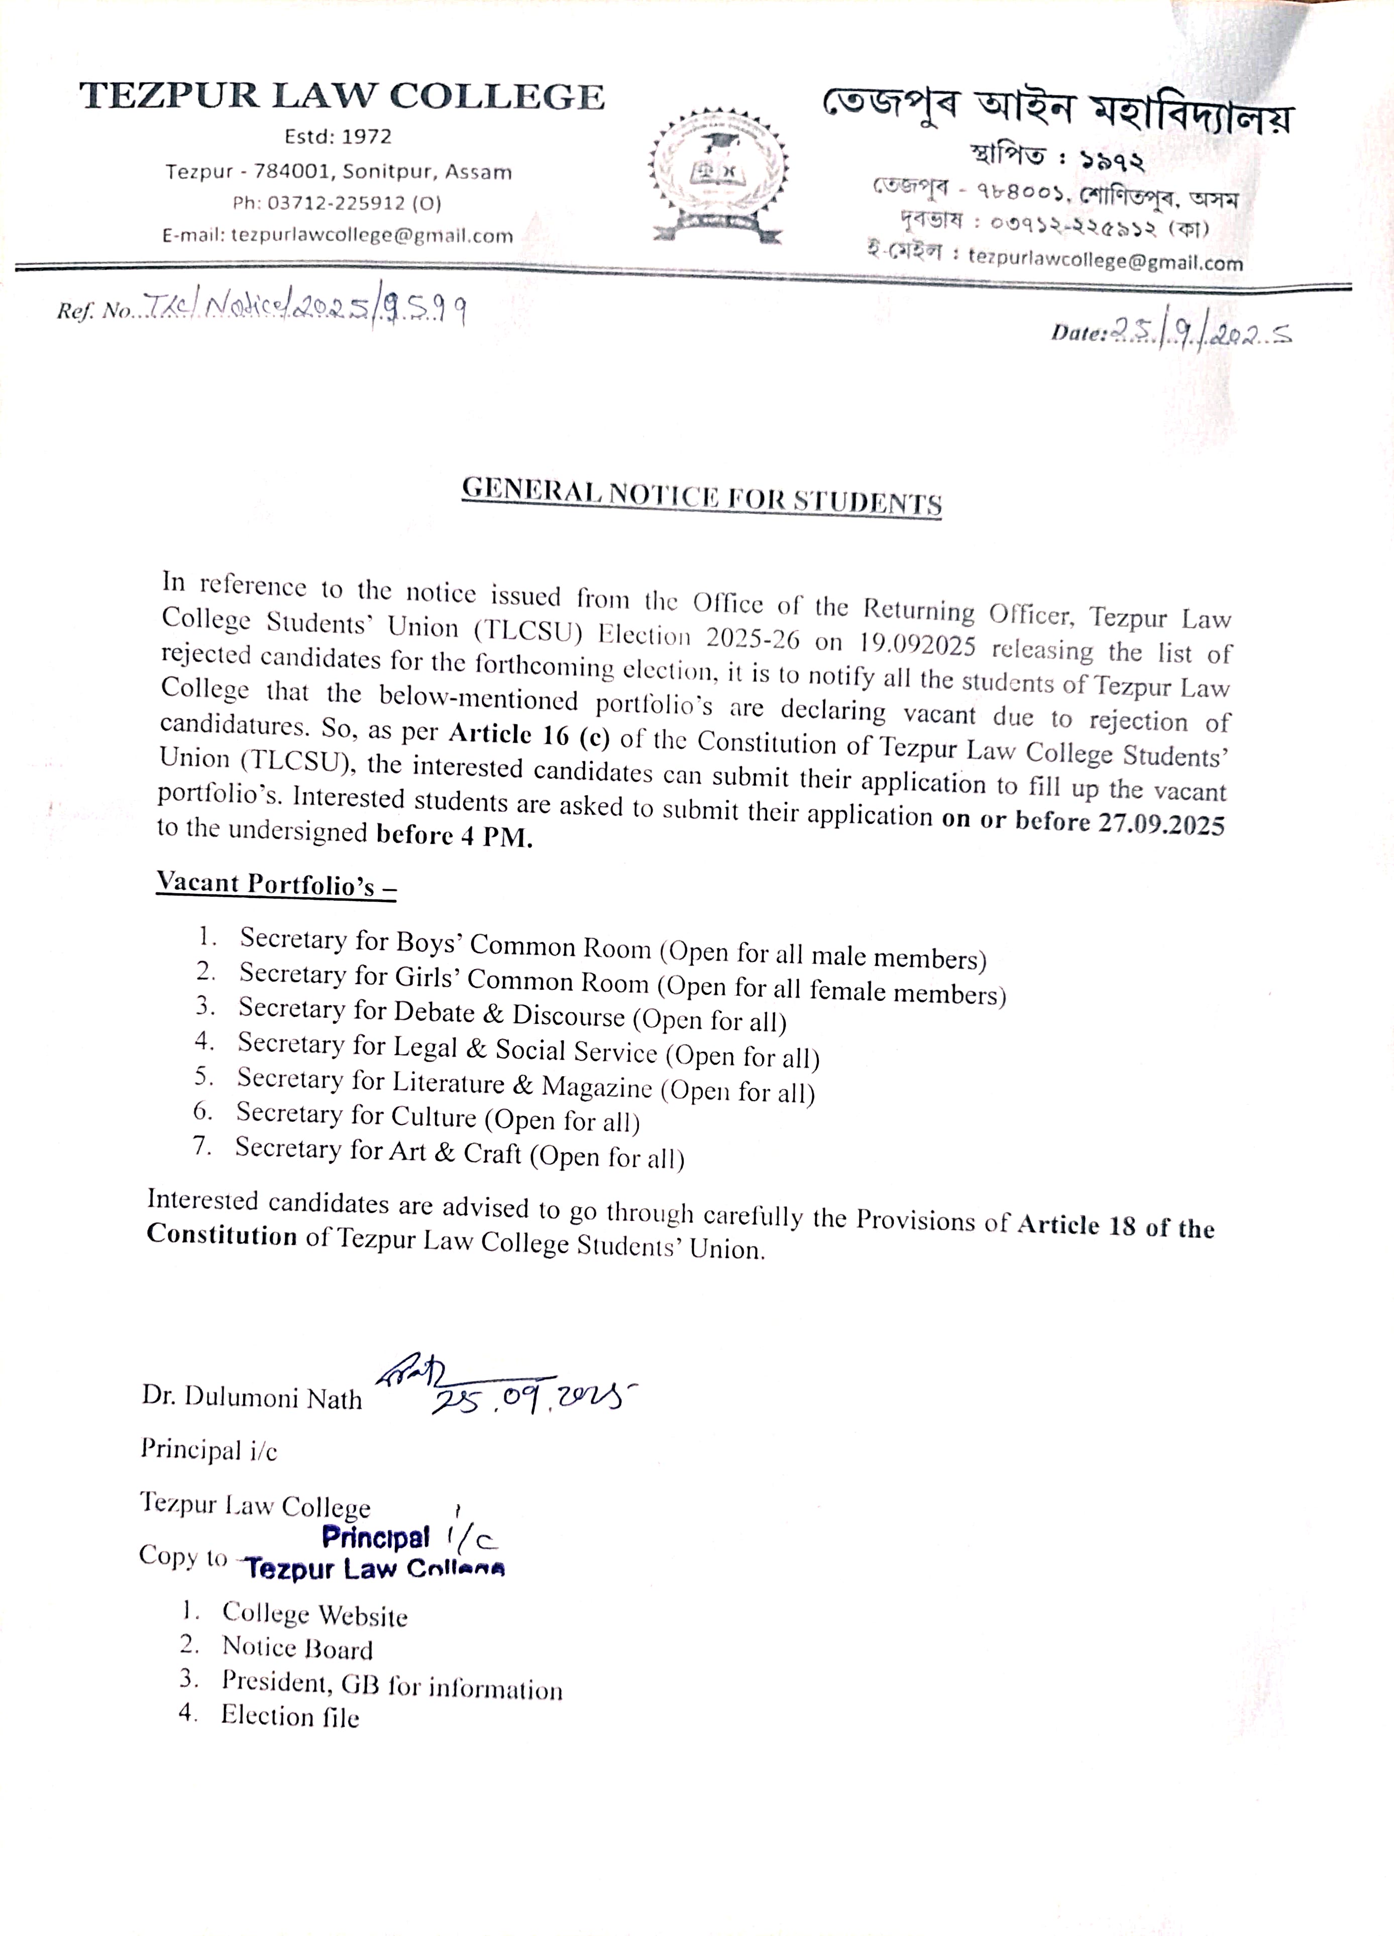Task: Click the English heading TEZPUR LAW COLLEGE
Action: (342, 96)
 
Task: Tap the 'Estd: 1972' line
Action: (338, 137)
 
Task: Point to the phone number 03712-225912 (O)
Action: (337, 203)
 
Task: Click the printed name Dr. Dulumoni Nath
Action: (252, 1397)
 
